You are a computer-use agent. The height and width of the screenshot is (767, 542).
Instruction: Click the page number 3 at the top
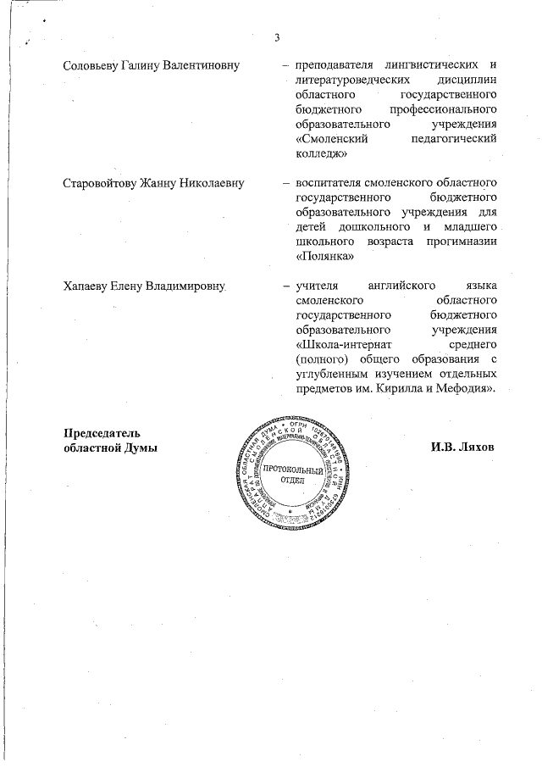coord(276,36)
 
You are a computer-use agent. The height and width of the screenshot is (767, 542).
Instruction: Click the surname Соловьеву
coord(94,65)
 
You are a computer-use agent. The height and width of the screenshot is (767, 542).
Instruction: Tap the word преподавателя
coord(333,65)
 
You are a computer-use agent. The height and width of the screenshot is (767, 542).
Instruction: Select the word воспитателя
coord(327,182)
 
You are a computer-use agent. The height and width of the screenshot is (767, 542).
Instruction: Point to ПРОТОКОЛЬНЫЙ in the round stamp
coord(285,470)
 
